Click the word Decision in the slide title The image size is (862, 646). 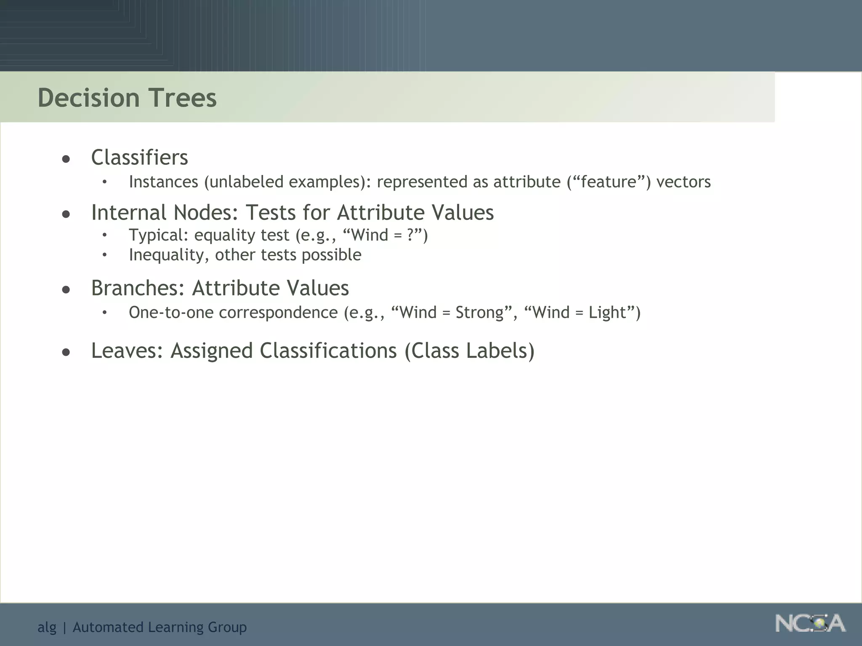coord(88,98)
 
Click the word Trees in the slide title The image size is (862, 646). coord(184,98)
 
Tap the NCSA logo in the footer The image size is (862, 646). coord(810,623)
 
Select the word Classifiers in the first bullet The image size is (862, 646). coord(139,158)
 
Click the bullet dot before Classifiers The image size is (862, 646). coord(66,159)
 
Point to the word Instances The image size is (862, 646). coord(163,182)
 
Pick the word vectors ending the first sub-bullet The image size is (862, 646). coord(683,182)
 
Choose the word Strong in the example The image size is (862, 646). coord(479,312)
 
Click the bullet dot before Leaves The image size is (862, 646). coord(66,352)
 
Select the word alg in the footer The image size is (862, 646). coord(47,627)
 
